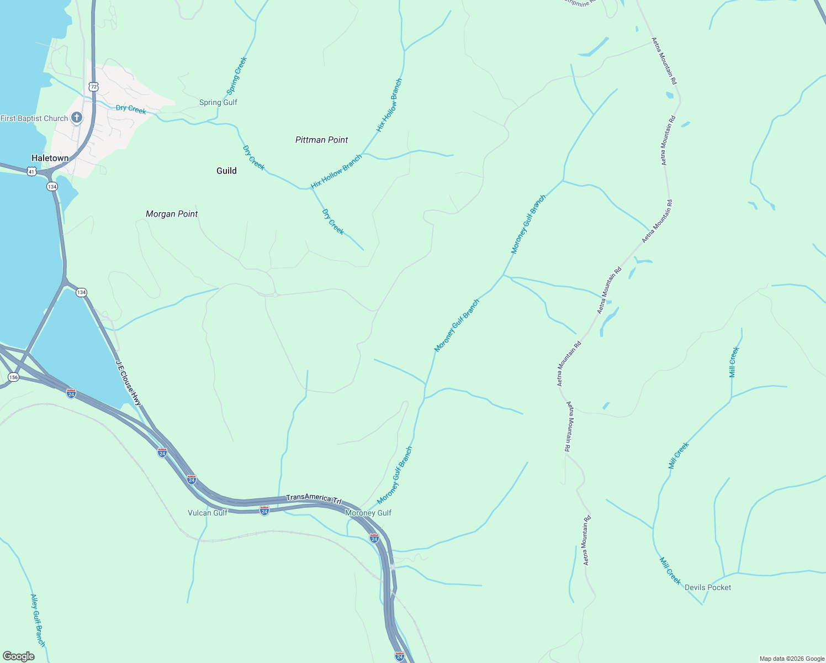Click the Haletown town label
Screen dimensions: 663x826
(50, 158)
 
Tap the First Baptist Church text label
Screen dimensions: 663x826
(34, 118)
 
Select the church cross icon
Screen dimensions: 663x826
(77, 117)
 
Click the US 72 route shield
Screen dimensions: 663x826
(93, 87)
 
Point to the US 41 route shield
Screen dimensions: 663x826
(31, 172)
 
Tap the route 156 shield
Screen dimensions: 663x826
(14, 377)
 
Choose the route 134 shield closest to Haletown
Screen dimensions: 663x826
(52, 186)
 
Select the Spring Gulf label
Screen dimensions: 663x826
(218, 102)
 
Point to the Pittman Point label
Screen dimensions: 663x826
(321, 140)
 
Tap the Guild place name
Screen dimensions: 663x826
(226, 171)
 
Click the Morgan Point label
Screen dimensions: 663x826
(172, 214)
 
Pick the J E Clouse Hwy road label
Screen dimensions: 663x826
(129, 383)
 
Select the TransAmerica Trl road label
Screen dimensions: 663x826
(314, 498)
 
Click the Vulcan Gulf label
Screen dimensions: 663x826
(208, 513)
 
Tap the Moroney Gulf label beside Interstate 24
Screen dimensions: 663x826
(368, 513)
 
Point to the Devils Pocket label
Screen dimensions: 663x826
(708, 587)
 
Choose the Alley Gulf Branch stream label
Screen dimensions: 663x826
(38, 620)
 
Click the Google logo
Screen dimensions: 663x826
(18, 656)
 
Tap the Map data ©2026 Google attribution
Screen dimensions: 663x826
(792, 659)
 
